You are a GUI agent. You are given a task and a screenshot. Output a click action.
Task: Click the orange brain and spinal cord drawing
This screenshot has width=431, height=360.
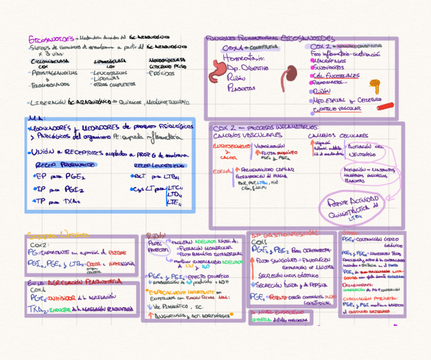point(375,84)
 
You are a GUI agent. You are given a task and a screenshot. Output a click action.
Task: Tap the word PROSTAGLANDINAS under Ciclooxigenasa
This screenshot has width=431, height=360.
point(55,73)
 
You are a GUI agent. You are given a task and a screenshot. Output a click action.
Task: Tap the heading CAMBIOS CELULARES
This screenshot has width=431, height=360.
point(337,136)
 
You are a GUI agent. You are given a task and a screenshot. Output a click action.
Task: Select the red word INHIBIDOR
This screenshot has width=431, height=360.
point(61,297)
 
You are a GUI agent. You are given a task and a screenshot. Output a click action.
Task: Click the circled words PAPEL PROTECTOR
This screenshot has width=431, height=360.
point(156,247)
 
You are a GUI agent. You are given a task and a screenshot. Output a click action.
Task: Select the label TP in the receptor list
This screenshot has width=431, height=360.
point(41,201)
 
